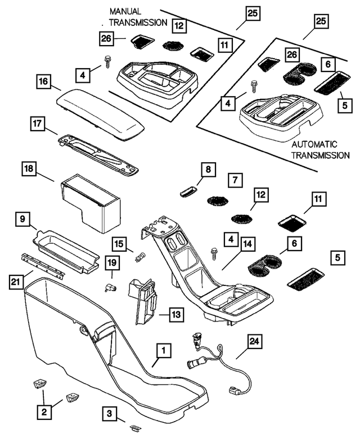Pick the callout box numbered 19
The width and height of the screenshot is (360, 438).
pyautogui.click(x=112, y=262)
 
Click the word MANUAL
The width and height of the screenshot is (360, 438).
pyautogui.click(x=125, y=11)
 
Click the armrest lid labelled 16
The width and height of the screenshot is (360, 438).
pyautogui.click(x=100, y=111)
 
